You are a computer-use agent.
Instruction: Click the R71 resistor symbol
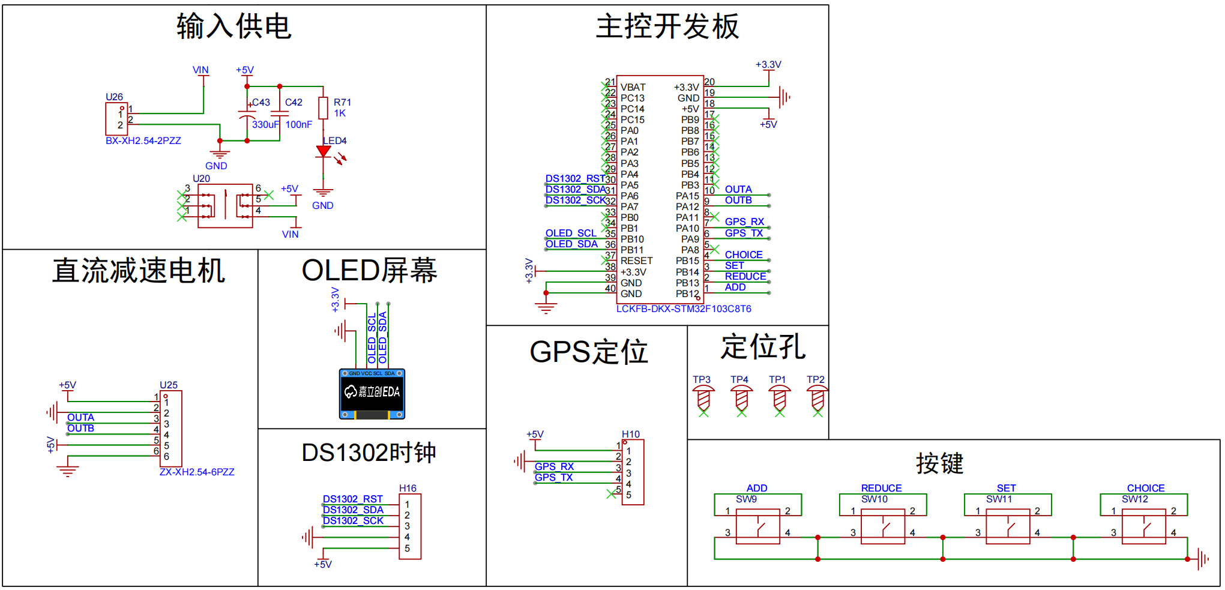pos(323,109)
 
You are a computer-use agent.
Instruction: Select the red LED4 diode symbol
pos(324,151)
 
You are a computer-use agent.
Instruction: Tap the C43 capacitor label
pos(261,103)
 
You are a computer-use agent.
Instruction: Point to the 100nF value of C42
pos(298,125)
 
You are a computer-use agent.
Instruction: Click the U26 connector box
pos(116,119)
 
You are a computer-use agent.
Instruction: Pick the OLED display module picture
pos(372,394)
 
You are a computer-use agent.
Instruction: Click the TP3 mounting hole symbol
pos(703,398)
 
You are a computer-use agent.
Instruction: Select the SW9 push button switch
pos(757,526)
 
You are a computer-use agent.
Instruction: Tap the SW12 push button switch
pos(1143,526)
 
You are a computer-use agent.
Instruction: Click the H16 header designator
pos(408,489)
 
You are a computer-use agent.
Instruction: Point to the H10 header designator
pos(630,435)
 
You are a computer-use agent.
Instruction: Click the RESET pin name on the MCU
pos(636,261)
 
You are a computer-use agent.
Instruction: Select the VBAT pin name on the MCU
pos(633,88)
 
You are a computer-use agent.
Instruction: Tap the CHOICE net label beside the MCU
pos(743,255)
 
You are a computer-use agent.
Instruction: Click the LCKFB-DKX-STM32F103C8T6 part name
pos(683,309)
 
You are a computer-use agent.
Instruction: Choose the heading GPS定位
pos(588,352)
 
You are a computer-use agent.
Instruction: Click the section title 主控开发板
pos(667,27)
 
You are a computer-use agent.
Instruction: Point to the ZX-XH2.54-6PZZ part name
pos(197,472)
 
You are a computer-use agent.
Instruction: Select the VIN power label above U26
pos(200,70)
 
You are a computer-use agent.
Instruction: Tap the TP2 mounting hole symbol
pos(817,398)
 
